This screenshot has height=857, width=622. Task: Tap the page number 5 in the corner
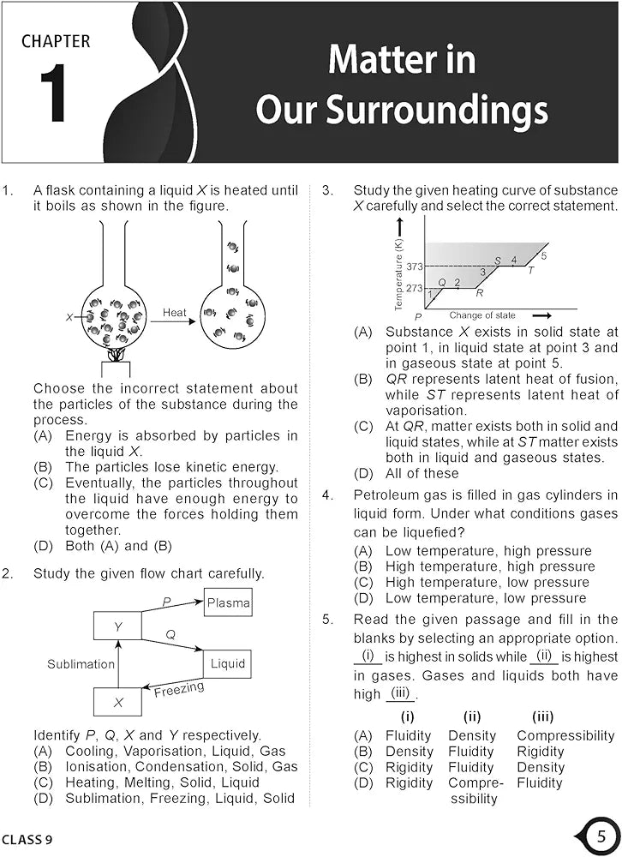pyautogui.click(x=602, y=835)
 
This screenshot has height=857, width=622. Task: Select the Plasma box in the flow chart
pyautogui.click(x=228, y=603)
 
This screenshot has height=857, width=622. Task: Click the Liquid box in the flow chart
pyautogui.click(x=227, y=663)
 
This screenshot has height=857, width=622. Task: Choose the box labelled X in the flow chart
pyautogui.click(x=117, y=703)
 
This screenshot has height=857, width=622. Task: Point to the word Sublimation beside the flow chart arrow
pyautogui.click(x=81, y=664)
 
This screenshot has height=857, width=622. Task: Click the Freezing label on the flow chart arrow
pyautogui.click(x=178, y=689)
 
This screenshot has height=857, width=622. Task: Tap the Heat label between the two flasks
pyautogui.click(x=175, y=314)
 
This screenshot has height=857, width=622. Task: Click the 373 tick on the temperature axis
pyautogui.click(x=416, y=267)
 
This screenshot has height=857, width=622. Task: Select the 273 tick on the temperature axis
pyautogui.click(x=415, y=289)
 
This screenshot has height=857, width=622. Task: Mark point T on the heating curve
pyautogui.click(x=530, y=271)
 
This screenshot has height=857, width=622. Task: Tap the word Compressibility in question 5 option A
pyautogui.click(x=565, y=735)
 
